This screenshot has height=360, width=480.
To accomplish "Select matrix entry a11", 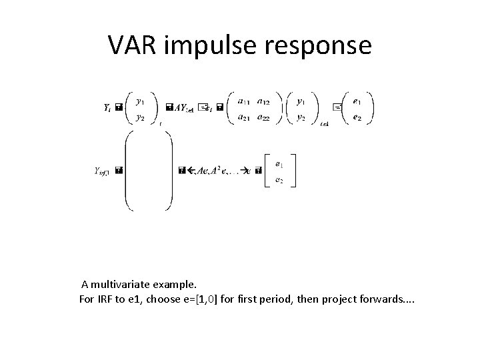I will pyautogui.click(x=243, y=102).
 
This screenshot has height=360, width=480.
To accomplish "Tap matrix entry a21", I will pyautogui.click(x=243, y=117).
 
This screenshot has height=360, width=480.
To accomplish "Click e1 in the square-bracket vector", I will pyautogui.click(x=279, y=162).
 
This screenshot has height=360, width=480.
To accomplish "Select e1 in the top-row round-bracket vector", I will pyautogui.click(x=357, y=102).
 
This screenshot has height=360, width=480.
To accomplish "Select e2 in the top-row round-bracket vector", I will pyautogui.click(x=357, y=117).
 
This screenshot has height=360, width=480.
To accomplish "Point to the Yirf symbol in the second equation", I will pyautogui.click(x=102, y=171).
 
